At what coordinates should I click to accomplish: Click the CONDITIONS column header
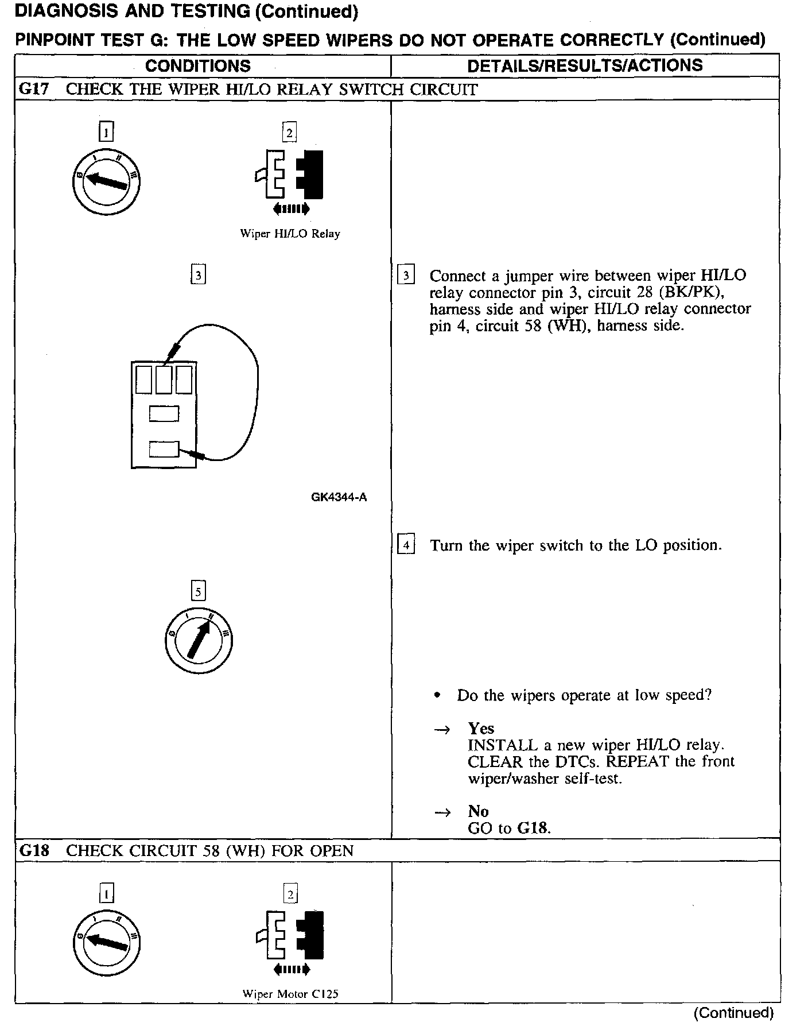point(198,65)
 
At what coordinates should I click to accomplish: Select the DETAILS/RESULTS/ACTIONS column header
point(585,65)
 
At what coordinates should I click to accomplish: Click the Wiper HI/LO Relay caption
point(290,234)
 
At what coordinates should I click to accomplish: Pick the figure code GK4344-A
point(339,497)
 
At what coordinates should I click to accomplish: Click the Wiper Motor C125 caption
point(290,994)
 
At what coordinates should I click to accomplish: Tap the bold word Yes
point(481,729)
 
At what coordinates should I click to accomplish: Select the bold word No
point(478,811)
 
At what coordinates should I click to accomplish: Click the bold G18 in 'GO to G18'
point(533,828)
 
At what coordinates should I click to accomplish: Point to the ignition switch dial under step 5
point(198,640)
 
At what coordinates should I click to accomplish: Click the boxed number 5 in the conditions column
point(198,591)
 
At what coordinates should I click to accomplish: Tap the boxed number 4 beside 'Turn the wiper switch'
point(406,544)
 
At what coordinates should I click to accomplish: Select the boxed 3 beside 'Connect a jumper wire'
point(406,276)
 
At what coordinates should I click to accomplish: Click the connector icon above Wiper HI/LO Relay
point(290,175)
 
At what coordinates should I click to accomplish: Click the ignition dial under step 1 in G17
point(107,182)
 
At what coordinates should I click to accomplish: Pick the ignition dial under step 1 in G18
point(107,943)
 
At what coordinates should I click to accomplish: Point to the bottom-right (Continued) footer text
point(733,1013)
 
